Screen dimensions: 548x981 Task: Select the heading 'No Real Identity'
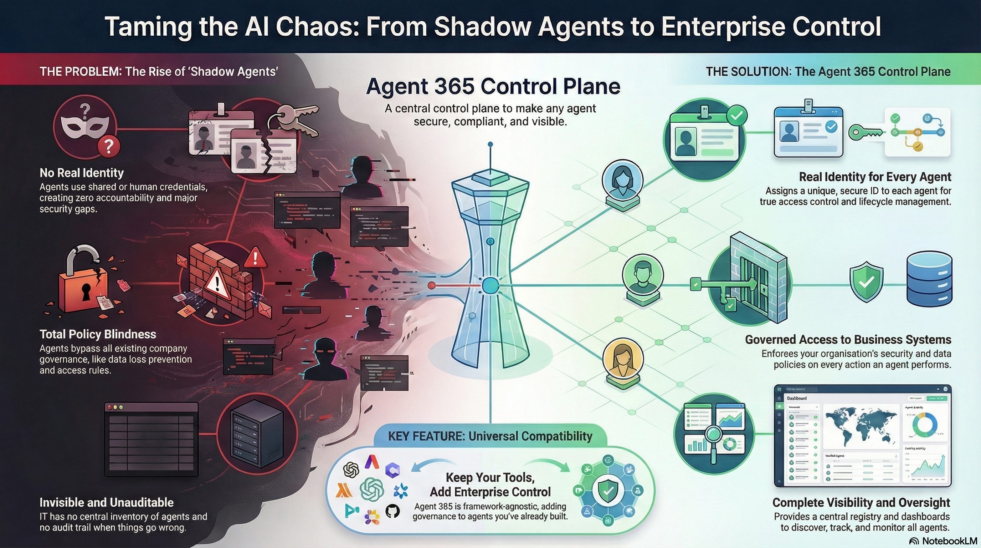tap(82, 173)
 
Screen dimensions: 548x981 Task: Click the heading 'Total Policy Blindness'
tap(98, 334)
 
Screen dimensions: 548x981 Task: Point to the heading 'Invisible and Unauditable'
tap(107, 502)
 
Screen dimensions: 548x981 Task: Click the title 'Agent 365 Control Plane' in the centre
tap(493, 86)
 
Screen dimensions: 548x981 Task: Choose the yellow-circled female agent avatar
tap(623, 360)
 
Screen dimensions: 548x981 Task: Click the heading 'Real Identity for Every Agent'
tap(875, 177)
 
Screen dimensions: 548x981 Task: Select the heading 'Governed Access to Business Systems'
tap(848, 340)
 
